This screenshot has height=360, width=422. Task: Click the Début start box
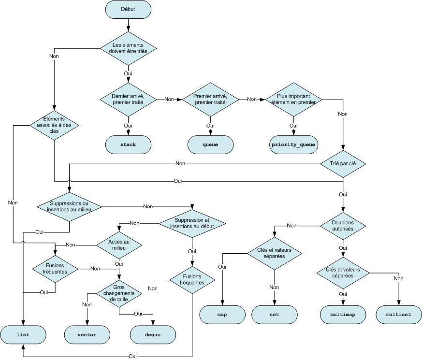[x=128, y=9]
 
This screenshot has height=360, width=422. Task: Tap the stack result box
[x=128, y=145]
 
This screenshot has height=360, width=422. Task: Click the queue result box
[x=210, y=145]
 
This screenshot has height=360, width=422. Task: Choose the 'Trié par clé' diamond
[x=343, y=163]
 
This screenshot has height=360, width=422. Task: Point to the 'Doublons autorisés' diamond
[x=343, y=225]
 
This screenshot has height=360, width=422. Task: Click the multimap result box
[x=343, y=315]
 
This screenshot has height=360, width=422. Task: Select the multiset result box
[x=399, y=315]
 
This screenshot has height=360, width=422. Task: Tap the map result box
[x=222, y=315]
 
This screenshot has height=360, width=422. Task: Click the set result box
[x=275, y=315]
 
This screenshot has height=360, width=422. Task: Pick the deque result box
[x=153, y=334]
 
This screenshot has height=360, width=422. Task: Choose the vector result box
[x=87, y=334]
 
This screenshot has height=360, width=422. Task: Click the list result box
[x=23, y=334]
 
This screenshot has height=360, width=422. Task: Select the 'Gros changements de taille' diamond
[x=119, y=293]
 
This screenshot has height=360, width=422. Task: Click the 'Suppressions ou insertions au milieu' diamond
[x=69, y=206]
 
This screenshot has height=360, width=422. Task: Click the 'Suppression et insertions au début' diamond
[x=192, y=223]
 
